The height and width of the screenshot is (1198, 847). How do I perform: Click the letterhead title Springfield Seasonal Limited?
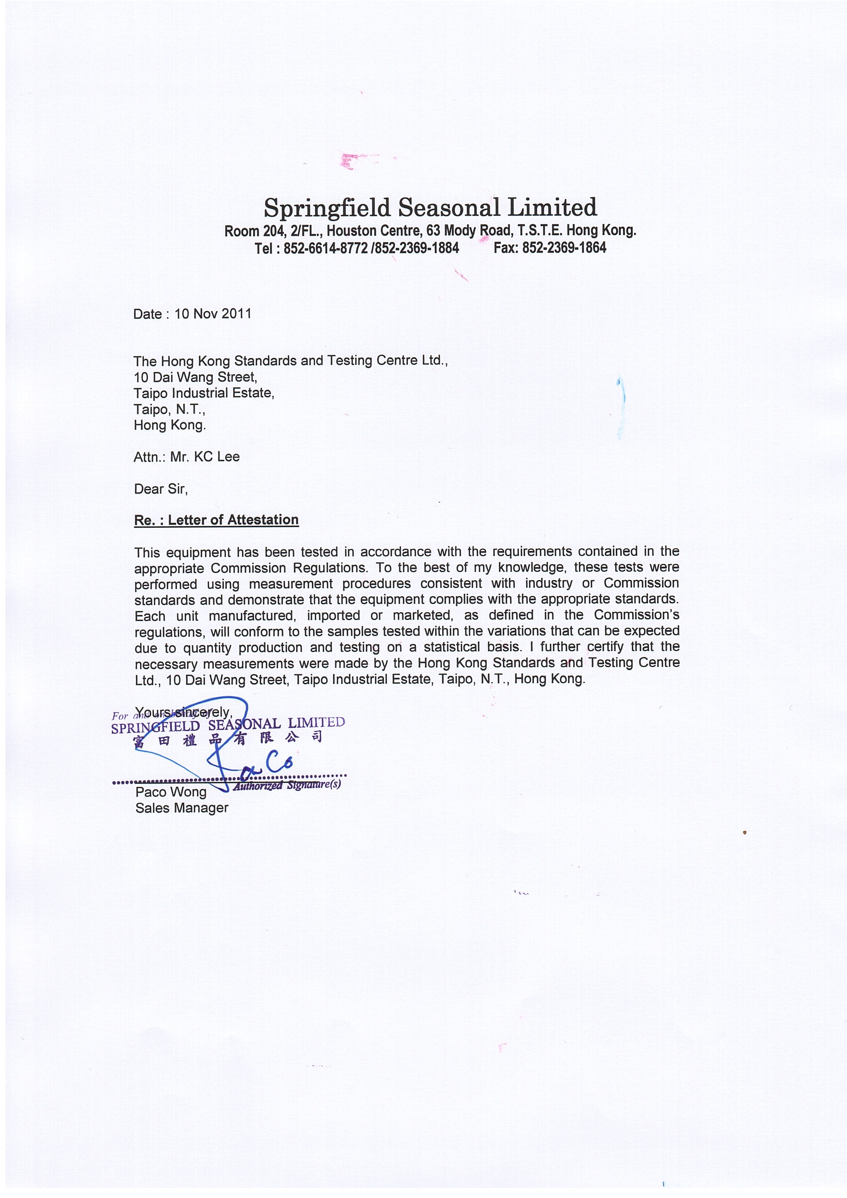coord(430,208)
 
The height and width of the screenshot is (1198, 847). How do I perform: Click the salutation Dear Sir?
coord(160,489)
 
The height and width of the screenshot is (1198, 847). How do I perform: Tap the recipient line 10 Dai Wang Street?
coord(195,377)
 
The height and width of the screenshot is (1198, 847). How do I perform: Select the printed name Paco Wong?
coord(171,792)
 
